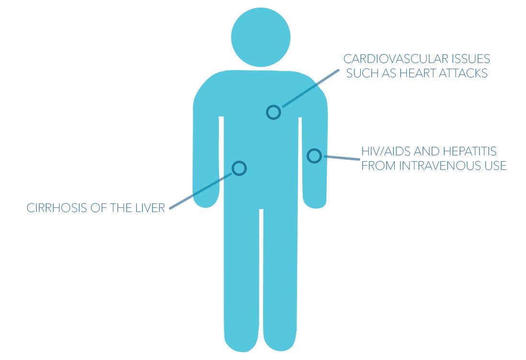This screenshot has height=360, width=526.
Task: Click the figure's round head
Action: [261, 37]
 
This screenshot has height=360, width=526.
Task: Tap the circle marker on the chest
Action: [273, 112]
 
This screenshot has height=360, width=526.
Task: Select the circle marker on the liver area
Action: [239, 168]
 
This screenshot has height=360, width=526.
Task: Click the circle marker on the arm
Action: [314, 155]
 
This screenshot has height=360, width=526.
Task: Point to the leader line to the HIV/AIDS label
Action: [341, 157]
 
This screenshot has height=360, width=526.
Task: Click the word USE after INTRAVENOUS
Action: [494, 166]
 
